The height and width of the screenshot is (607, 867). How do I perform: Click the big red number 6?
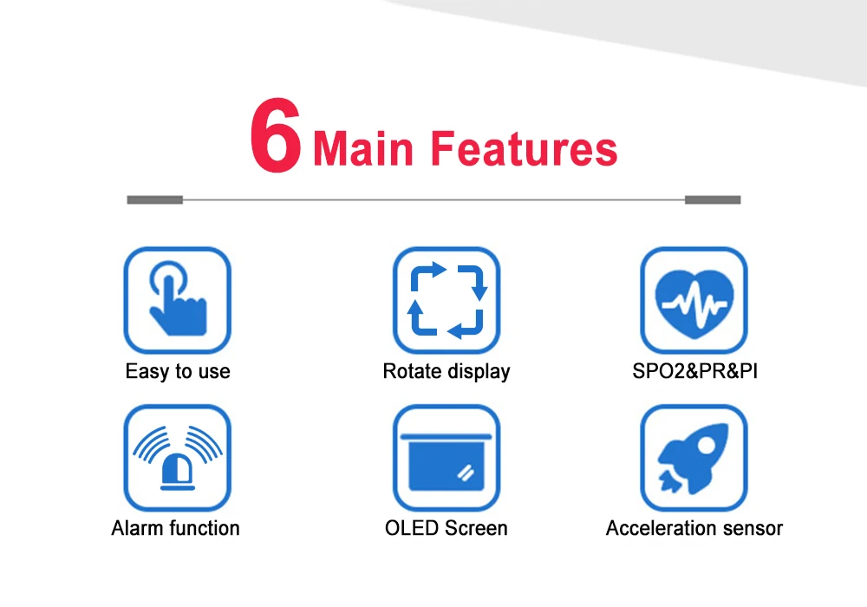coord(276,135)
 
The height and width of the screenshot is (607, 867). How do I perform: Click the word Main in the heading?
coord(363,148)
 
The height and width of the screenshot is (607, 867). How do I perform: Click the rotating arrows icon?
coord(447,300)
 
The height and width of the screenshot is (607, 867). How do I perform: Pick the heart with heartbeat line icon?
coord(694,300)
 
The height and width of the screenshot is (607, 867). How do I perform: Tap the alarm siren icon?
coord(178,458)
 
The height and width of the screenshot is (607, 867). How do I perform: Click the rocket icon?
coord(694,458)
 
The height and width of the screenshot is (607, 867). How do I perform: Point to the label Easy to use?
coord(178,371)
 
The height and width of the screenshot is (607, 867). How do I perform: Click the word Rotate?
coord(413,371)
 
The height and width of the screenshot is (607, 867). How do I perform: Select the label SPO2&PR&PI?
coord(695,371)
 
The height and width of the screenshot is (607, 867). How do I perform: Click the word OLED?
coord(412,528)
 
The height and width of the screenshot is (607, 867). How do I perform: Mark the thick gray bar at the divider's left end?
coord(155,199)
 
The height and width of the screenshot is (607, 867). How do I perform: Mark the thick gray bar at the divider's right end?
coord(713,199)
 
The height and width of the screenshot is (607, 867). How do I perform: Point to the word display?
coord(479,372)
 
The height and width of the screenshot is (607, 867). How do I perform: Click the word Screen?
coord(477,528)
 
